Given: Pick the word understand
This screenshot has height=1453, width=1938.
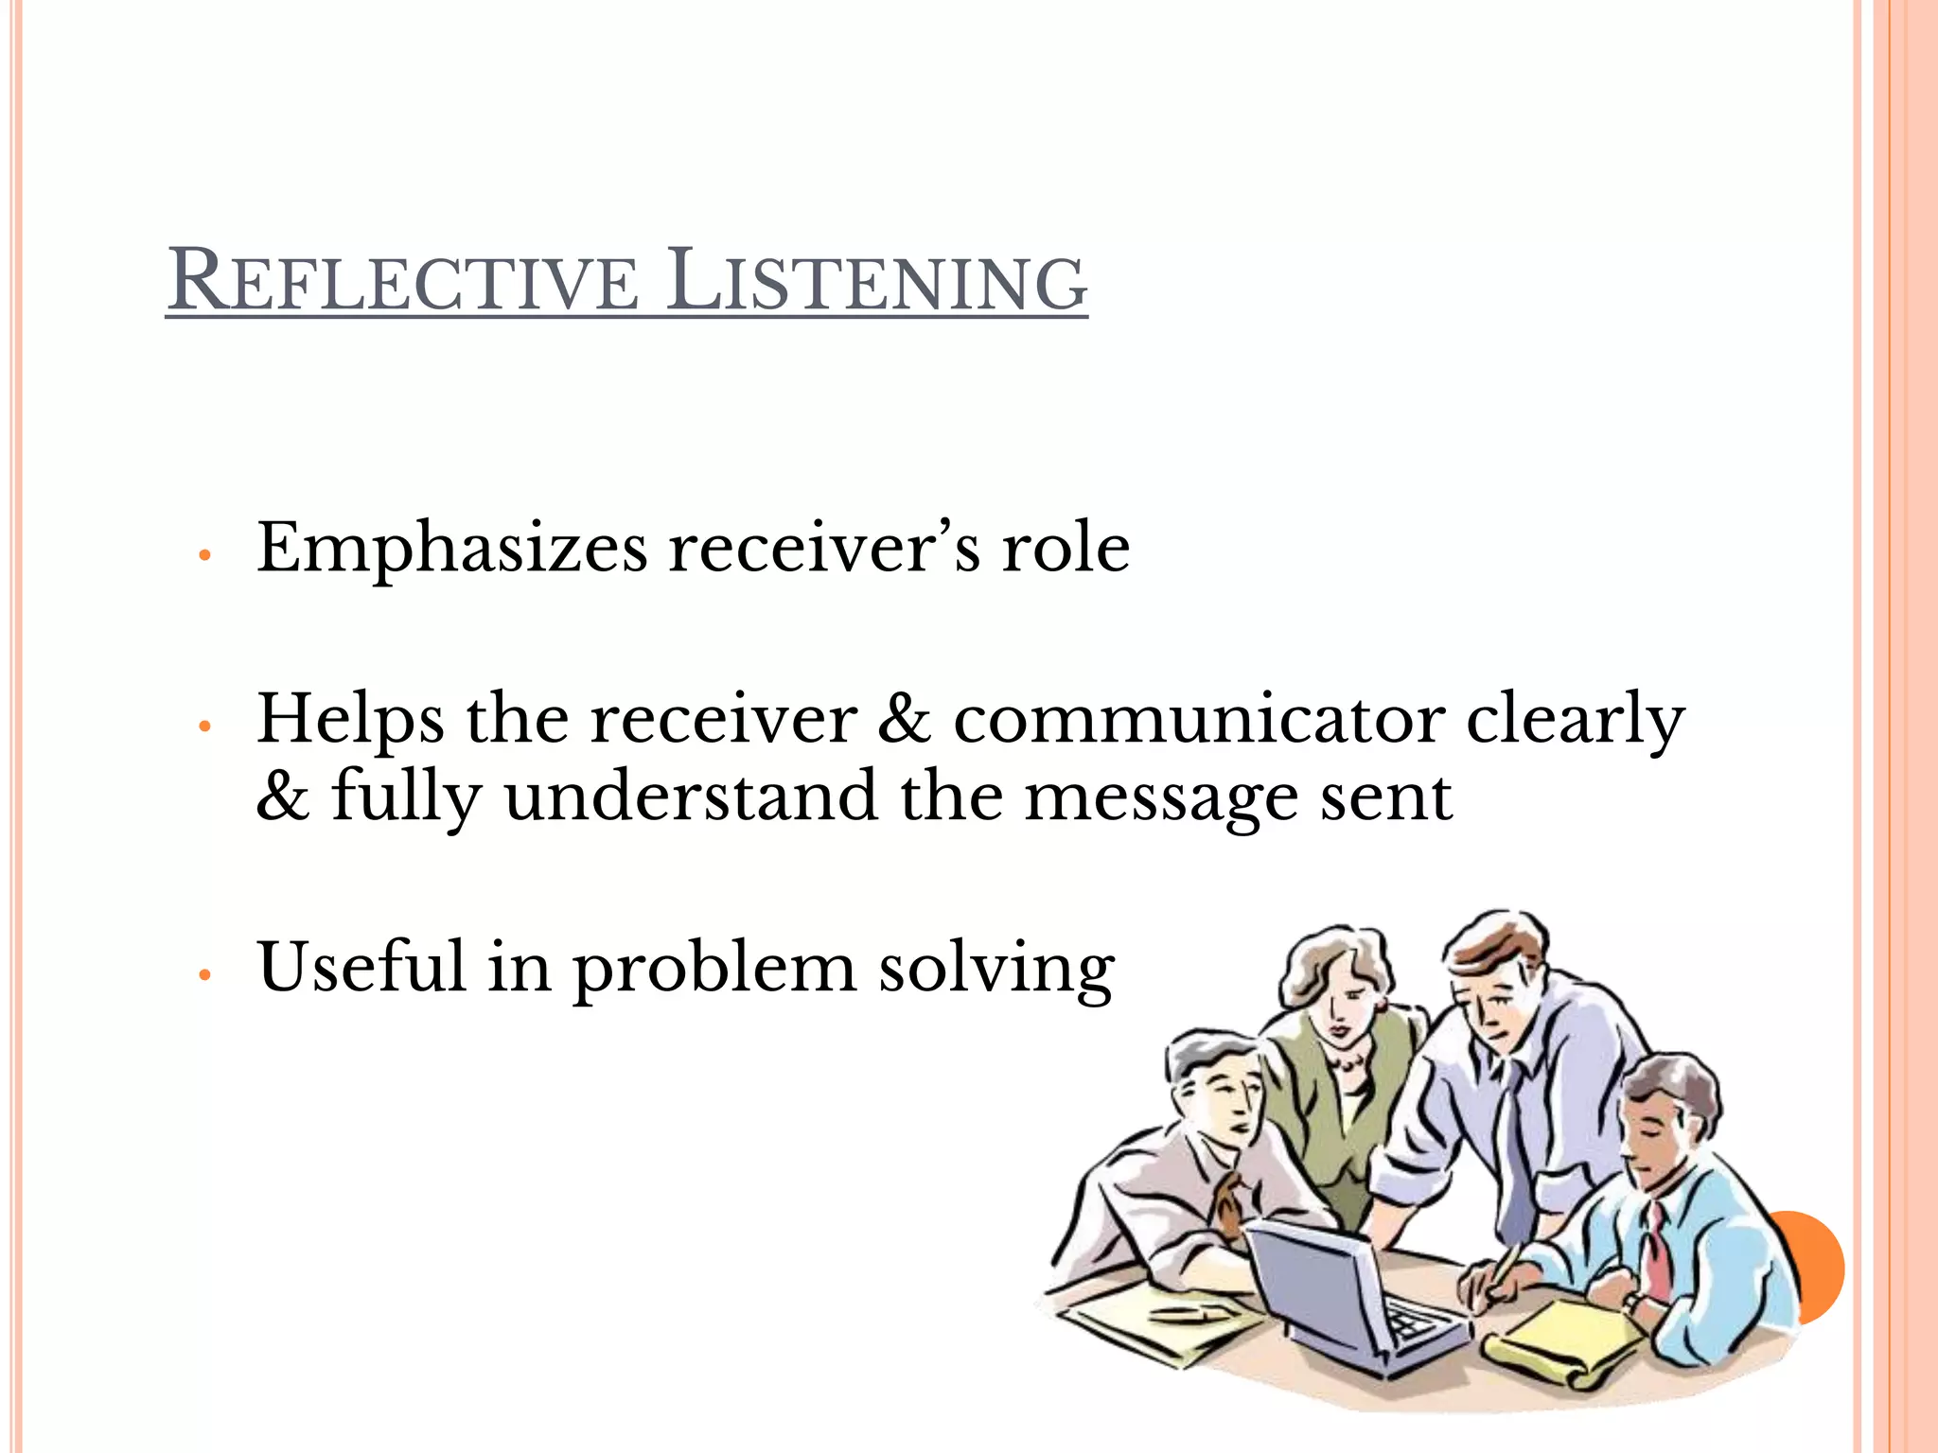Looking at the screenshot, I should tap(690, 797).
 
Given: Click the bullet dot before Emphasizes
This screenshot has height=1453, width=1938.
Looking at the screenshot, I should tap(203, 555).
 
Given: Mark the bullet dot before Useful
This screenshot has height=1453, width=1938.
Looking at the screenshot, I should tap(203, 974).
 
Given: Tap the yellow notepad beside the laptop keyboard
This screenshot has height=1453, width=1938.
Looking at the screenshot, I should tap(1571, 1334).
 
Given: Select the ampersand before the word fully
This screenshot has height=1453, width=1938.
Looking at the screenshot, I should tap(282, 797).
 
